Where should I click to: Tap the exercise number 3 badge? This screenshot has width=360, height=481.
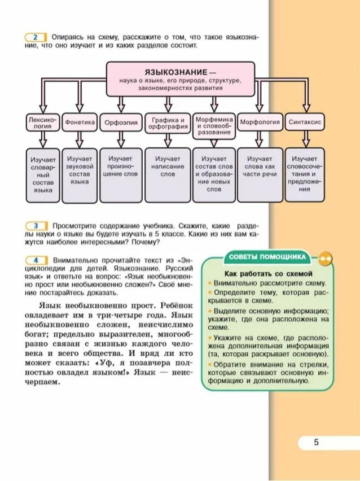click(35, 225)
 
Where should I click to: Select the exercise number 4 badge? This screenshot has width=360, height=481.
click(35, 260)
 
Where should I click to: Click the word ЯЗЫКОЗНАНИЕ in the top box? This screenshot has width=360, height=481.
click(169, 73)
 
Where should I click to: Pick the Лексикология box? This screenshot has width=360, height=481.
click(39, 123)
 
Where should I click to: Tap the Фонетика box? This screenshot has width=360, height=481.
click(79, 122)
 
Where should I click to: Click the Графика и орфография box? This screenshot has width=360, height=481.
click(167, 123)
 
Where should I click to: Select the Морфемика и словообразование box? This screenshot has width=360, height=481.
click(214, 123)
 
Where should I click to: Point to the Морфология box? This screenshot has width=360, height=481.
click(260, 122)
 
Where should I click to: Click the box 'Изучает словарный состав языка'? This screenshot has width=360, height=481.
click(42, 174)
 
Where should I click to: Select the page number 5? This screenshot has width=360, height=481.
click(317, 443)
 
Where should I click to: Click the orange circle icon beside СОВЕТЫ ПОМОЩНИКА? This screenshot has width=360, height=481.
click(326, 259)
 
